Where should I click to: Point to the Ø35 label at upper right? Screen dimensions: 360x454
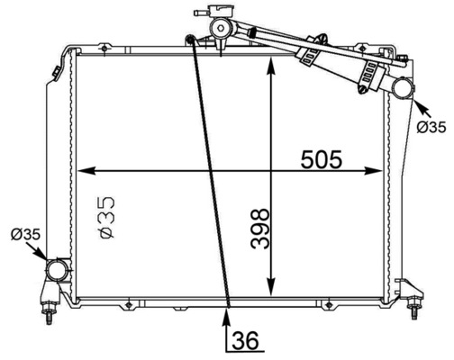[x=431, y=127]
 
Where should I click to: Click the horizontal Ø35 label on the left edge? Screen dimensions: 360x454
[x=25, y=235]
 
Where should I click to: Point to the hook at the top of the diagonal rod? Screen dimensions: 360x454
[x=190, y=39]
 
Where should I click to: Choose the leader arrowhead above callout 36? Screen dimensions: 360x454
[x=228, y=310]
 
